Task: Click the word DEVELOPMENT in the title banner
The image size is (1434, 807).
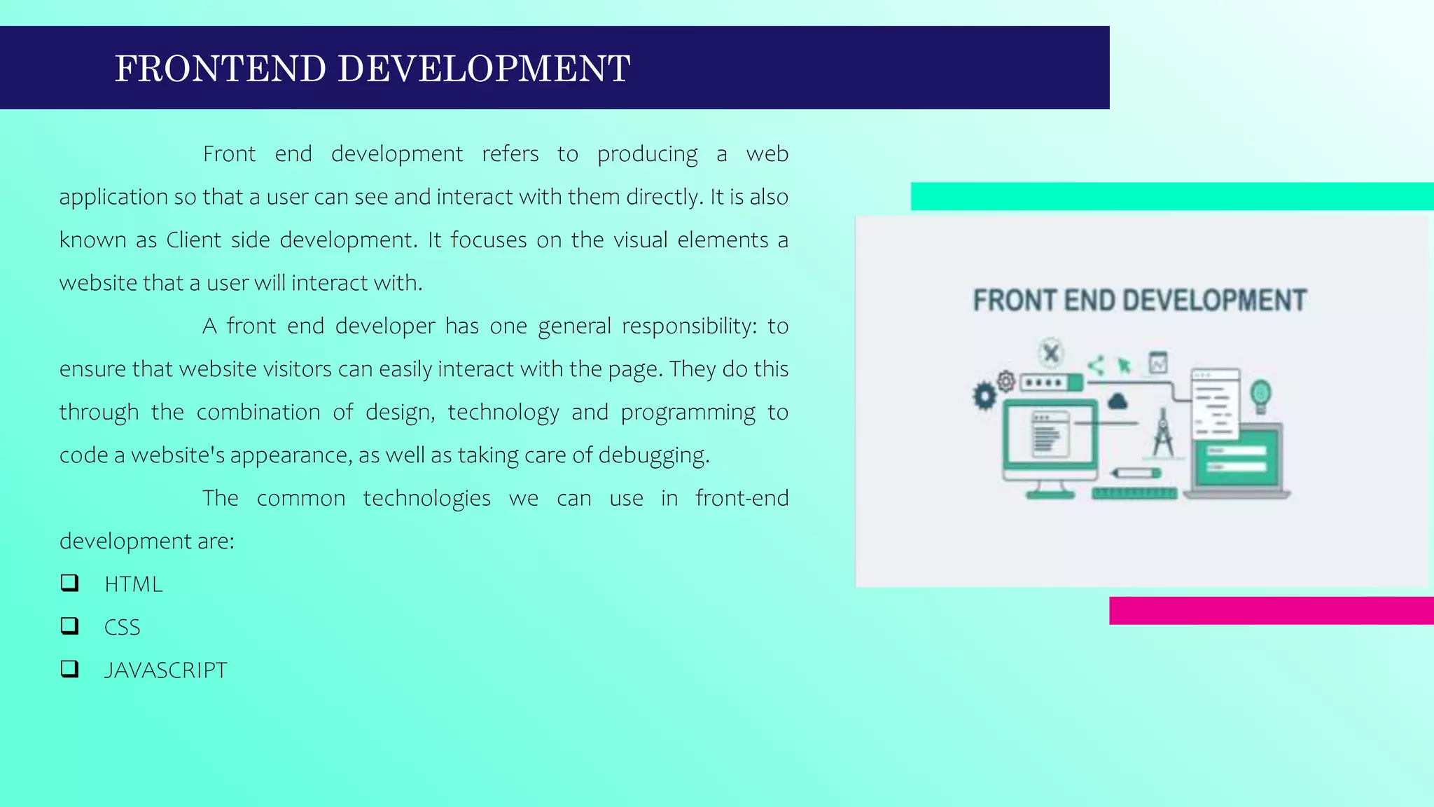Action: pos(484,69)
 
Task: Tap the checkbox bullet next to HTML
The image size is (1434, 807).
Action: pos(69,583)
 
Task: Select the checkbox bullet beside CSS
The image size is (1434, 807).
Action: pos(69,626)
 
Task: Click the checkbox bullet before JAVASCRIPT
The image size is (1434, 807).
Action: pos(69,669)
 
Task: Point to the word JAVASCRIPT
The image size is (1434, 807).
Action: pos(166,670)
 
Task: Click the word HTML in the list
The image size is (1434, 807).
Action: pos(134,584)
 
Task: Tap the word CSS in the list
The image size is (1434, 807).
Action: pos(123,628)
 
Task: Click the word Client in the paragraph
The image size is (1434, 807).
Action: pos(193,240)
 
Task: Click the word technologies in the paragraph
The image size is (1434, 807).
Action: pos(426,498)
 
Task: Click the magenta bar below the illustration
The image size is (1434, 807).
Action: pos(1271,610)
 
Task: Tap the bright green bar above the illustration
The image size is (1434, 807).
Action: pos(1171,196)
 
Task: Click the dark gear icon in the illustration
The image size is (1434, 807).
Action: pos(984,396)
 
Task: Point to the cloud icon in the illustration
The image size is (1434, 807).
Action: pos(1118,401)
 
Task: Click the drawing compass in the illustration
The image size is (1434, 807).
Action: pos(1163,434)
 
